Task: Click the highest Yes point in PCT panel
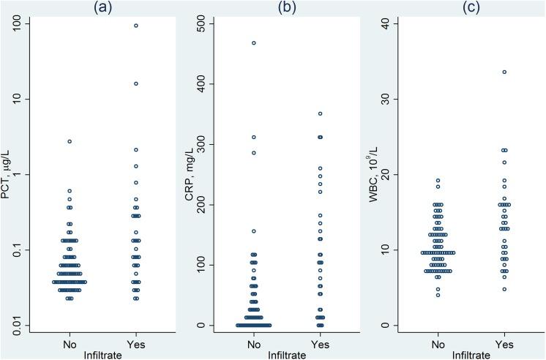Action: coord(135,26)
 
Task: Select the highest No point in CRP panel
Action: coord(254,43)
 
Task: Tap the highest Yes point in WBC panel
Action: coord(504,72)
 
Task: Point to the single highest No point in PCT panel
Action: coord(70,141)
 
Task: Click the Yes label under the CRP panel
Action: coord(320,343)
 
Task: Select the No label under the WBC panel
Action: coord(438,343)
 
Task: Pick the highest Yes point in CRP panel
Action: coord(320,113)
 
